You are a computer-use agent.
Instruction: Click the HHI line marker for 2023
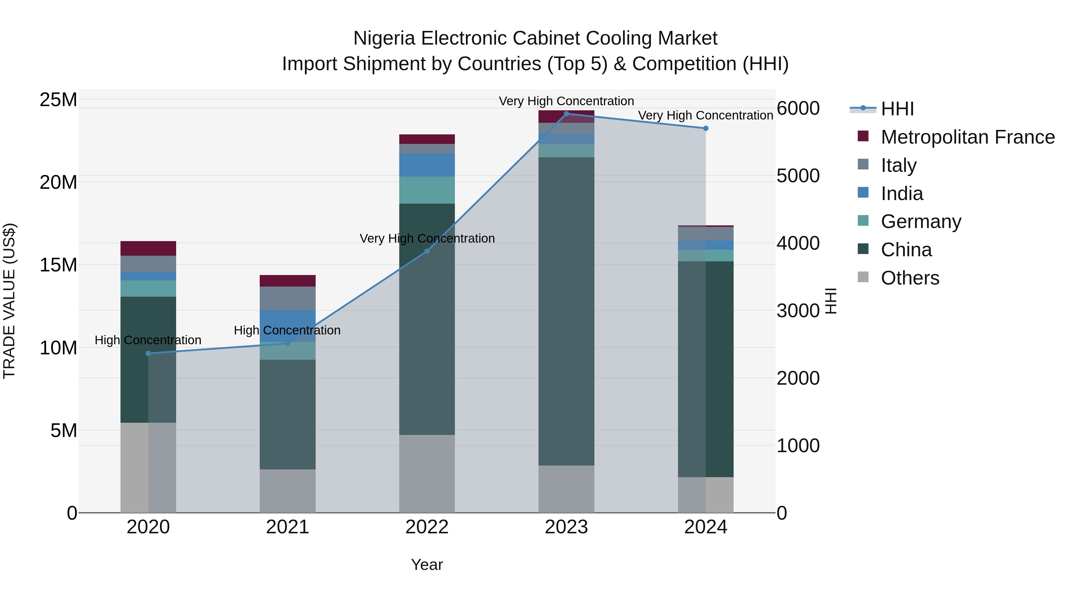coord(566,114)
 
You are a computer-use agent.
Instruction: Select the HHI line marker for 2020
coord(148,353)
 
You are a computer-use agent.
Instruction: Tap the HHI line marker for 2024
coord(706,128)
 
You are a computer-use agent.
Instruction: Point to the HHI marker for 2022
coord(427,251)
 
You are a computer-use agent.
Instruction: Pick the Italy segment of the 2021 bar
coord(288,298)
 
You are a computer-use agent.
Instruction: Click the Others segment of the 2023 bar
coord(566,489)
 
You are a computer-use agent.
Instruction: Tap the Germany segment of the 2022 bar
coord(427,190)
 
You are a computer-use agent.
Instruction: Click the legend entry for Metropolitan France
coord(967,137)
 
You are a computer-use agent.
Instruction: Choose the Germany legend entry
coord(921,221)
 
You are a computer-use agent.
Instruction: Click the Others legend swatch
coord(863,277)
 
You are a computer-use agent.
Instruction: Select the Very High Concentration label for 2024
coord(706,116)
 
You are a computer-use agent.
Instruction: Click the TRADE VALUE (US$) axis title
coord(10,301)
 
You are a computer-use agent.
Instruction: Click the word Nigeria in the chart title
coord(384,39)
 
